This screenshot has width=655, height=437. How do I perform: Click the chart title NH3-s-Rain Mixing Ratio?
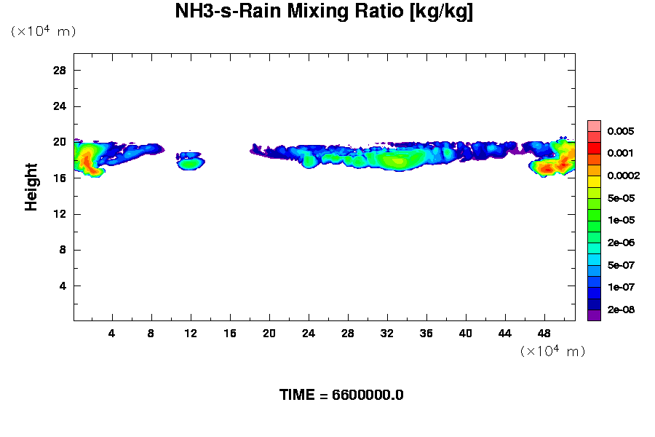click(x=324, y=12)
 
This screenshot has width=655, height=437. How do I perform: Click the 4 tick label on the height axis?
click(x=63, y=286)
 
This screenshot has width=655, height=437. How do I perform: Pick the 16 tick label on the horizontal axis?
click(x=230, y=333)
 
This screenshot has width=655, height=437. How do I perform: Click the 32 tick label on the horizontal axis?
click(x=387, y=333)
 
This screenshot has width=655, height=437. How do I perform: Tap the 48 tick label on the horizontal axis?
click(x=544, y=333)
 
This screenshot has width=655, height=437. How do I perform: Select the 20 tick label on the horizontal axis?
click(x=269, y=333)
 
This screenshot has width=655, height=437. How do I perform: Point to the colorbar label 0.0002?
click(x=623, y=176)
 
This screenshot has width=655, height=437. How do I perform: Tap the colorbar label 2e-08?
click(x=621, y=310)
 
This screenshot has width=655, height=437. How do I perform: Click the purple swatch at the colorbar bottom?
click(x=594, y=315)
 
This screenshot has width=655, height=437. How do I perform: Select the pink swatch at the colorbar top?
click(x=594, y=125)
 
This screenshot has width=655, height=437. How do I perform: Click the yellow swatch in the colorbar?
click(x=594, y=181)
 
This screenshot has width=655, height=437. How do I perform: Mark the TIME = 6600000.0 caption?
click(x=341, y=395)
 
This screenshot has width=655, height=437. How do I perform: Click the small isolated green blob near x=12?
click(x=191, y=162)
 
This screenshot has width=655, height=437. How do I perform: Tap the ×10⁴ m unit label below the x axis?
click(x=552, y=352)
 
